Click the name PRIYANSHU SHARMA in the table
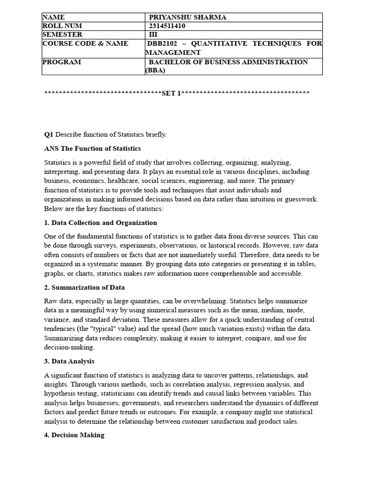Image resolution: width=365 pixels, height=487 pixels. click(x=188, y=18)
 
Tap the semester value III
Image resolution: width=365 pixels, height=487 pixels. click(x=153, y=35)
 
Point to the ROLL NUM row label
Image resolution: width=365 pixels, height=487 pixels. click(x=62, y=26)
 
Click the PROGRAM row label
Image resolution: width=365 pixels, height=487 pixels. click(x=62, y=62)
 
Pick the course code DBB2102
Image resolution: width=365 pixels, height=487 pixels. click(x=164, y=44)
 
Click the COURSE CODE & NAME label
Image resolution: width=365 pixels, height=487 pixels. click(x=86, y=44)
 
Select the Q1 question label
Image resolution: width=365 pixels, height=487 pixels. click(x=48, y=135)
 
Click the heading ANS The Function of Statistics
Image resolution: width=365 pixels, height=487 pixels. click(x=93, y=149)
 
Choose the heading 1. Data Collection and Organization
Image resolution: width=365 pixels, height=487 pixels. click(x=100, y=223)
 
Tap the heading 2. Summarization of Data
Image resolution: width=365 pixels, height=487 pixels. click(x=85, y=288)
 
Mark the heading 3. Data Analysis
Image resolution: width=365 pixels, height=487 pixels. click(x=69, y=361)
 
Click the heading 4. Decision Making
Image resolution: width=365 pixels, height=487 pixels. click(x=74, y=435)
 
